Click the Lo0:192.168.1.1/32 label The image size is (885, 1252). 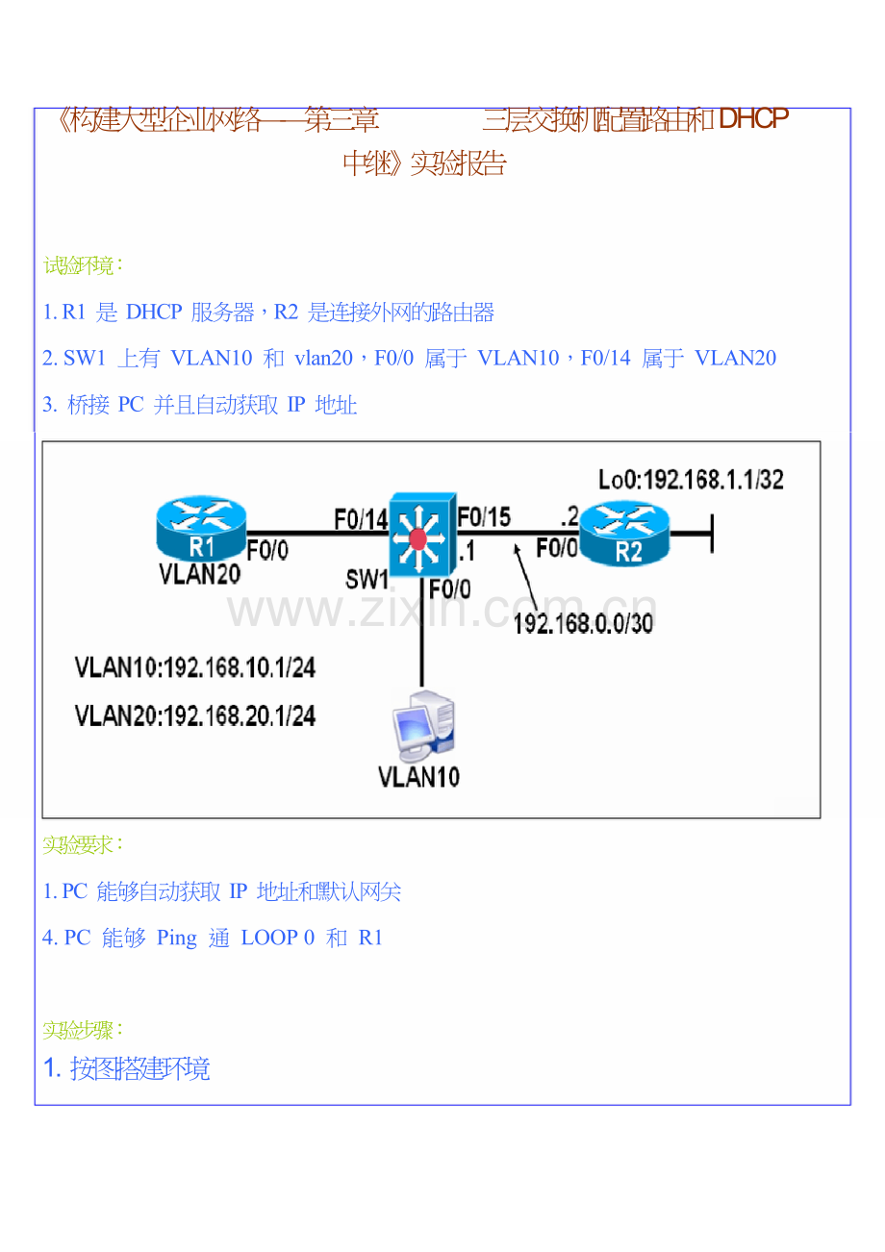click(690, 479)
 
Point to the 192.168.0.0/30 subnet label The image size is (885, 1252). click(583, 623)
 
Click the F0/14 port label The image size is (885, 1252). click(360, 518)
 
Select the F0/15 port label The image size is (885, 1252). click(484, 516)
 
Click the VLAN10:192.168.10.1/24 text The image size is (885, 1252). click(195, 668)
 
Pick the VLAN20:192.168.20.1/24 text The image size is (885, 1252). click(195, 715)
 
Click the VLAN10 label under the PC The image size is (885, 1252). click(418, 776)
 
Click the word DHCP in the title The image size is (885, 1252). click(753, 120)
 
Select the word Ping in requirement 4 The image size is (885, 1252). click(176, 938)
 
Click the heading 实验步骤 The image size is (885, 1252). click(83, 1030)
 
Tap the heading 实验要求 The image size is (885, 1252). click(83, 845)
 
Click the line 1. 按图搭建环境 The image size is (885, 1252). click(127, 1068)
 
